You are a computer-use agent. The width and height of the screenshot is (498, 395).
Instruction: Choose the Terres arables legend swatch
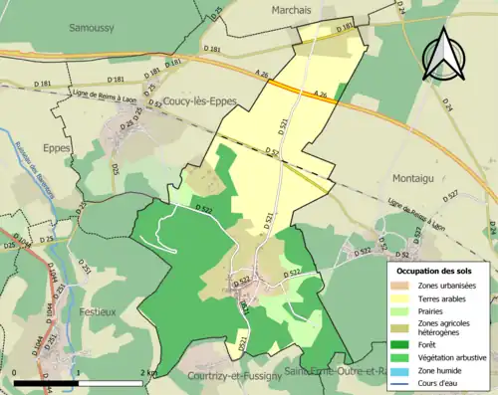click(x=405, y=297)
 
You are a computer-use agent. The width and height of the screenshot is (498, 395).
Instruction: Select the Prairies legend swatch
click(x=405, y=310)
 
